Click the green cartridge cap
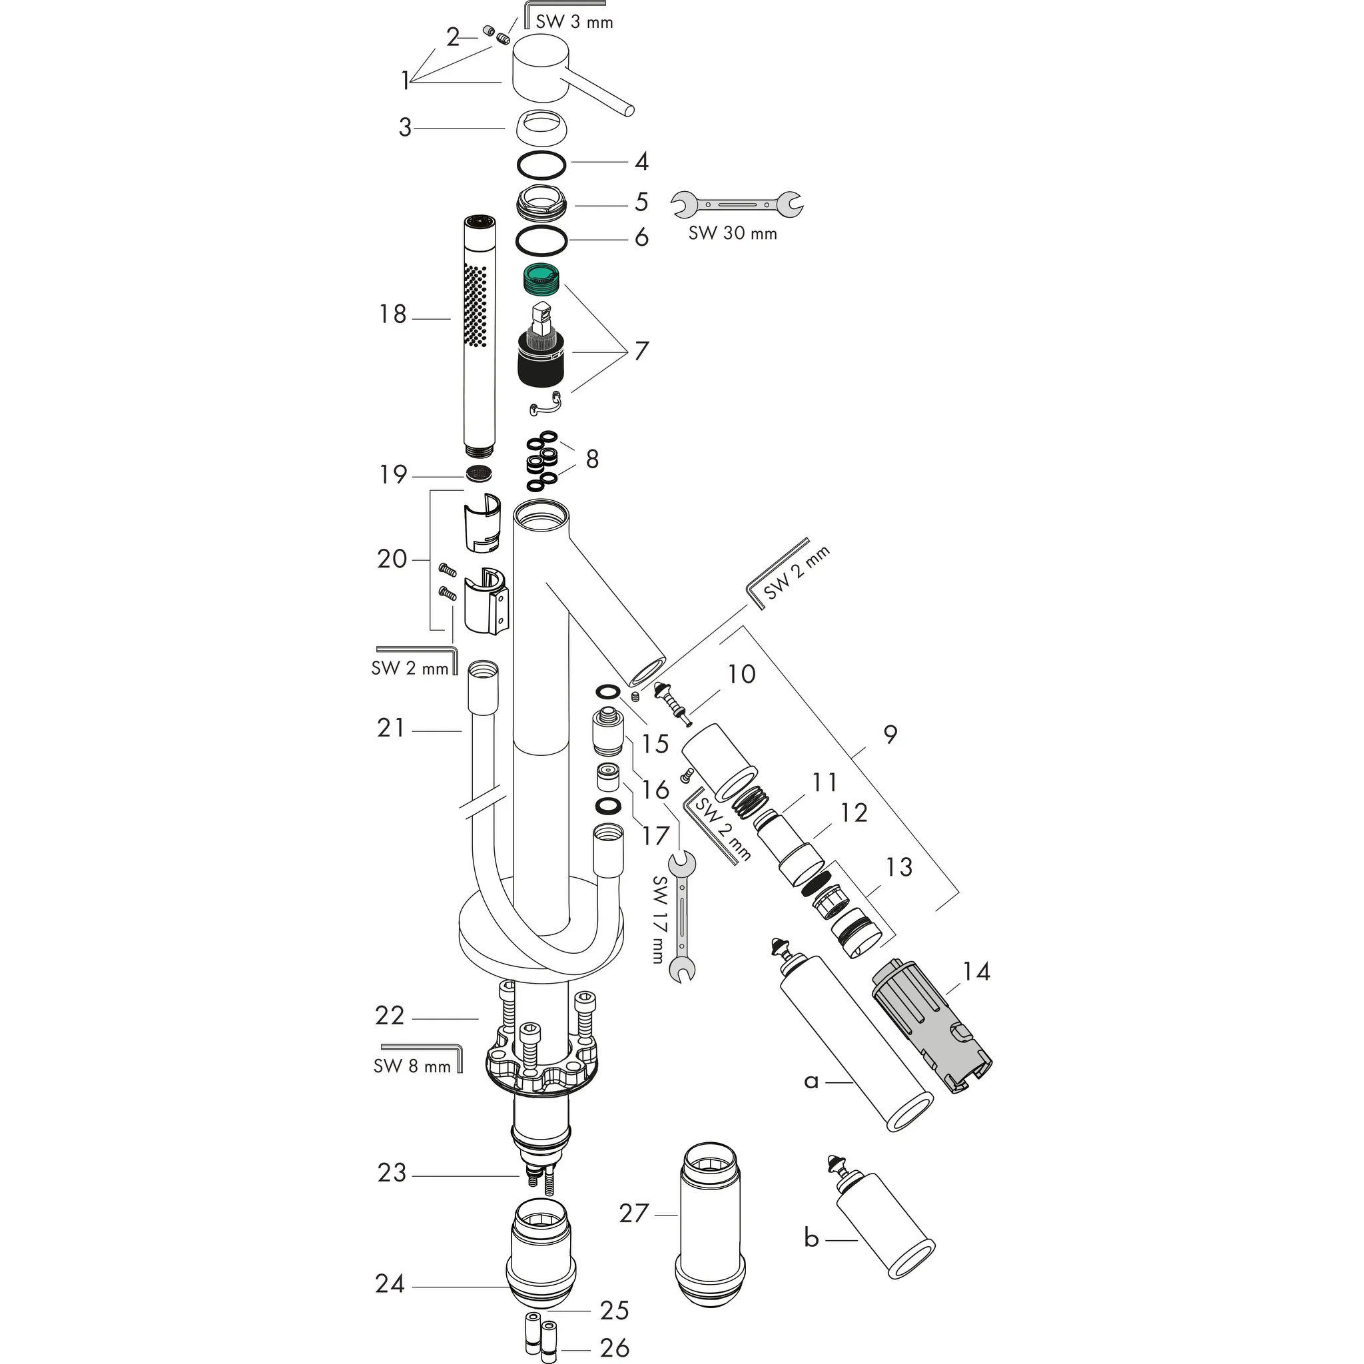(x=541, y=278)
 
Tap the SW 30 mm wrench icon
(x=737, y=204)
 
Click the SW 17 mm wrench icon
(x=683, y=917)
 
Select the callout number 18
(x=392, y=315)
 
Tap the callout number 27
(x=633, y=1213)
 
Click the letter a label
(x=811, y=1080)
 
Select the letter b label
(x=811, y=1257)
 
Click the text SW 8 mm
(x=412, y=1066)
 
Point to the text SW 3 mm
(x=574, y=22)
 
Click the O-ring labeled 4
(x=541, y=165)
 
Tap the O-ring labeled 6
(x=541, y=240)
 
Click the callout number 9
(x=890, y=734)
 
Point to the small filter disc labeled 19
(x=480, y=474)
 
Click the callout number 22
(x=390, y=1016)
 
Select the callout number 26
(x=613, y=1347)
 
